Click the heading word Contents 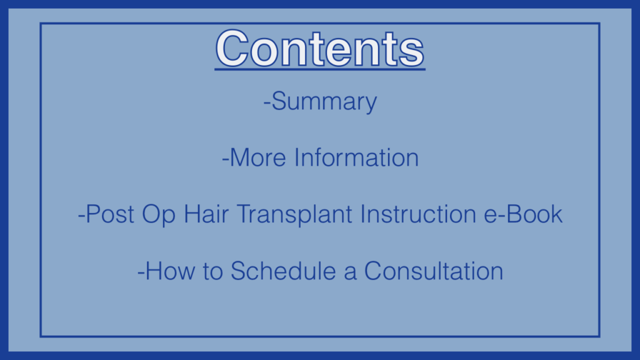point(320,48)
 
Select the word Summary point(324,102)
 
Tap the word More point(258,157)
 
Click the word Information point(356,157)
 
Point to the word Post point(110,214)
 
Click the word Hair point(206,214)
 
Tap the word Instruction point(418,214)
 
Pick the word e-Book point(523,214)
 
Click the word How point(170,271)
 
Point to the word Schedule point(283,271)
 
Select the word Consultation point(434,271)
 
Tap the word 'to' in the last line point(212,271)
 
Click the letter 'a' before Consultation point(350,273)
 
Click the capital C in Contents point(232,48)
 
